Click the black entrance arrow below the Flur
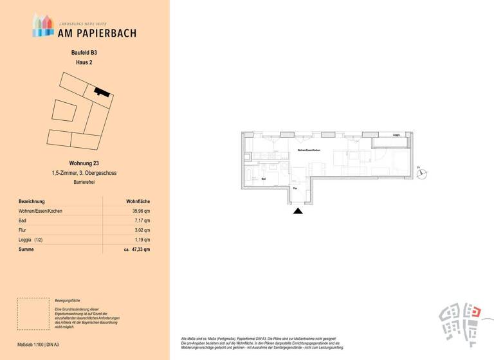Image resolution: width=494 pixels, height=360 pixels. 297,210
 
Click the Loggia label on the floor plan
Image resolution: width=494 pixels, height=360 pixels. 396,136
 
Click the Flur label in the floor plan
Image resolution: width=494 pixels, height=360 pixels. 295,188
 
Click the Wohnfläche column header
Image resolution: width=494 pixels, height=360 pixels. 138,201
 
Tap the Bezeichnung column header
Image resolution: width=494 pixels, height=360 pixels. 32,201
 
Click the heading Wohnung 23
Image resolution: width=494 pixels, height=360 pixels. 84,163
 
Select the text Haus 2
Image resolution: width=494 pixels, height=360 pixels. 84,62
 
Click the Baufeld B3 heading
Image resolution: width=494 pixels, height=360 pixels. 84,52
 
